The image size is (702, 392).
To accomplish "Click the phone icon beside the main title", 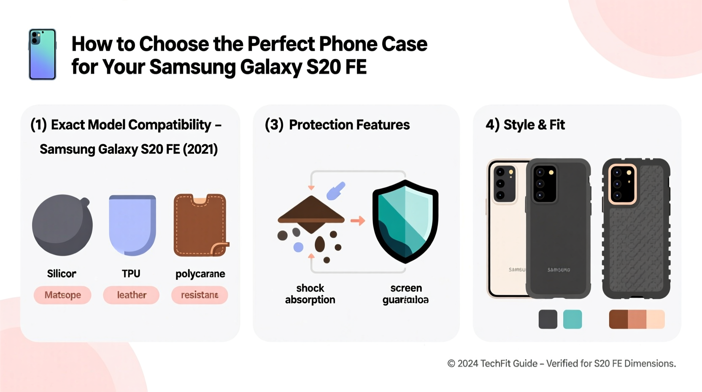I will pos(42,54).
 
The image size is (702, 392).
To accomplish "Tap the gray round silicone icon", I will pos(62,225).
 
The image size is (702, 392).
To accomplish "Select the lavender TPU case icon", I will pos(132,225).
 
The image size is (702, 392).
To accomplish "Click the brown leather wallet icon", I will pos(200,225).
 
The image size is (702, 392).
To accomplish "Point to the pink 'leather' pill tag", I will pos(131,295).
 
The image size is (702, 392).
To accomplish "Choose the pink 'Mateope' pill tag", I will pos(62,295).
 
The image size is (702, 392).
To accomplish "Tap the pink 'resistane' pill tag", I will pos(200,295).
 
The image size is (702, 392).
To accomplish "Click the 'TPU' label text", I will pos(131,274).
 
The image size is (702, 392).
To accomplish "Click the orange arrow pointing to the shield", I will pos(358,220).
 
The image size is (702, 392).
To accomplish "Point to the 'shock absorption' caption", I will pos(310,294).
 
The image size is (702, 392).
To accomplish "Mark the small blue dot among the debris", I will pos(298,247).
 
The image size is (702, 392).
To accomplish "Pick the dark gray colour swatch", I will pos(548,319).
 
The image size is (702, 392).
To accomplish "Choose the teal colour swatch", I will pos(572,319).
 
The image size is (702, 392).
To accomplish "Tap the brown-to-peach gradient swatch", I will pos(637,319).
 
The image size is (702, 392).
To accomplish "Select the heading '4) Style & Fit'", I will pos(525,125).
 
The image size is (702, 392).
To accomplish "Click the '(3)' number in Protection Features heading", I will pos(274,125).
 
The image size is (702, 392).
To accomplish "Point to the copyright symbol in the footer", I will pos(451,364).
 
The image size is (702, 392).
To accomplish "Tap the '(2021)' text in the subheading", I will pos(200,150).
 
